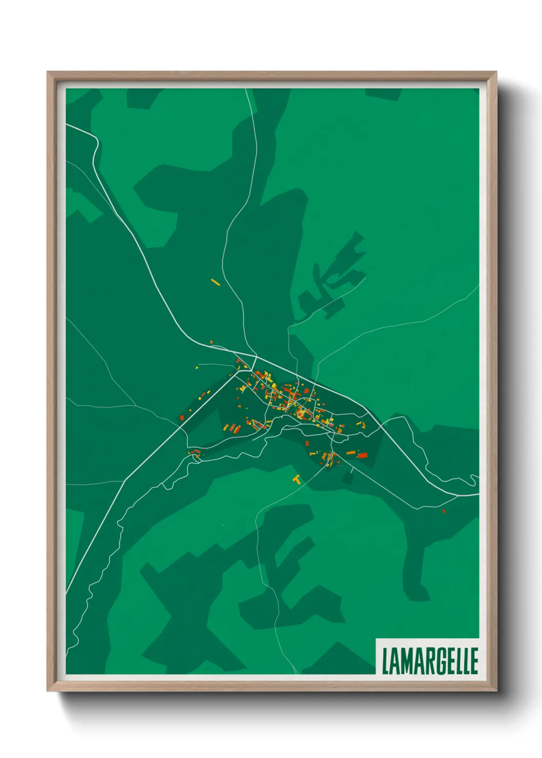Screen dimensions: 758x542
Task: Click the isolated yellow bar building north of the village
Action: point(215,282)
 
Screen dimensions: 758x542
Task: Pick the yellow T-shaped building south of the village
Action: point(296,479)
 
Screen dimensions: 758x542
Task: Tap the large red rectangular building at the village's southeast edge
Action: point(363,455)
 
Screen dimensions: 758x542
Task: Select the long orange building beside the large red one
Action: point(350,453)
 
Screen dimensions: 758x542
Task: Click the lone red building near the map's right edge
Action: point(444,511)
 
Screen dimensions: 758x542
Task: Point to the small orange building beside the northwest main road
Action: point(211,342)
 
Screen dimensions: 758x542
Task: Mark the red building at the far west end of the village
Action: point(182,418)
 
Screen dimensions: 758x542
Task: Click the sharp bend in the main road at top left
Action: point(96,140)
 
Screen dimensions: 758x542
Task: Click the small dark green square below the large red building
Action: point(348,478)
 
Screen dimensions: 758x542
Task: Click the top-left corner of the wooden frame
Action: point(48,73)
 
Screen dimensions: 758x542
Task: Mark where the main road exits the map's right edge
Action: point(477,495)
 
